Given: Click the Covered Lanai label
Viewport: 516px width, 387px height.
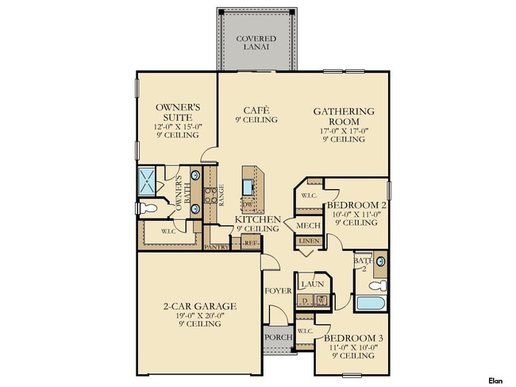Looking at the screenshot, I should [256, 42].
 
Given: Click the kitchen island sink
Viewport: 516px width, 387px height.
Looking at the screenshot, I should [249, 186].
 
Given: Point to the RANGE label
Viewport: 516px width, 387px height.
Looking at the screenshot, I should [221, 195].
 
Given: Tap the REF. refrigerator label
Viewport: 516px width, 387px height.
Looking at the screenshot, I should [251, 246].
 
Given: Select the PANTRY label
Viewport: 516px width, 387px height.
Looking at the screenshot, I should [216, 247].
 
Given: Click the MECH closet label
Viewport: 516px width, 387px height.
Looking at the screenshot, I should [308, 225].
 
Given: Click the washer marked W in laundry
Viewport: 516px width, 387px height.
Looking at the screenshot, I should [322, 301].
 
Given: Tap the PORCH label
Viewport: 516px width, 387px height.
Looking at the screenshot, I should [278, 336].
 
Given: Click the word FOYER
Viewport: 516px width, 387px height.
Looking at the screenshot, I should [278, 290].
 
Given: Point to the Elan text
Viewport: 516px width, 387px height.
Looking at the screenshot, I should [496, 381].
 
